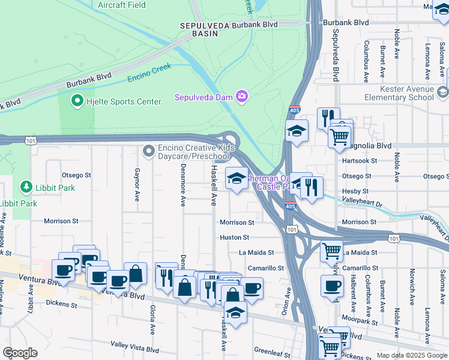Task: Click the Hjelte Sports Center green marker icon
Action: [x=77, y=101]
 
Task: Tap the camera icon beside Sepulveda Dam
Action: [x=242, y=96]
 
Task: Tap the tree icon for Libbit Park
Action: [x=26, y=188]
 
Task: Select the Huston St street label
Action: [x=235, y=238]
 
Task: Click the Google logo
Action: [x=20, y=353]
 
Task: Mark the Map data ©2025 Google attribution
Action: [x=411, y=355]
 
